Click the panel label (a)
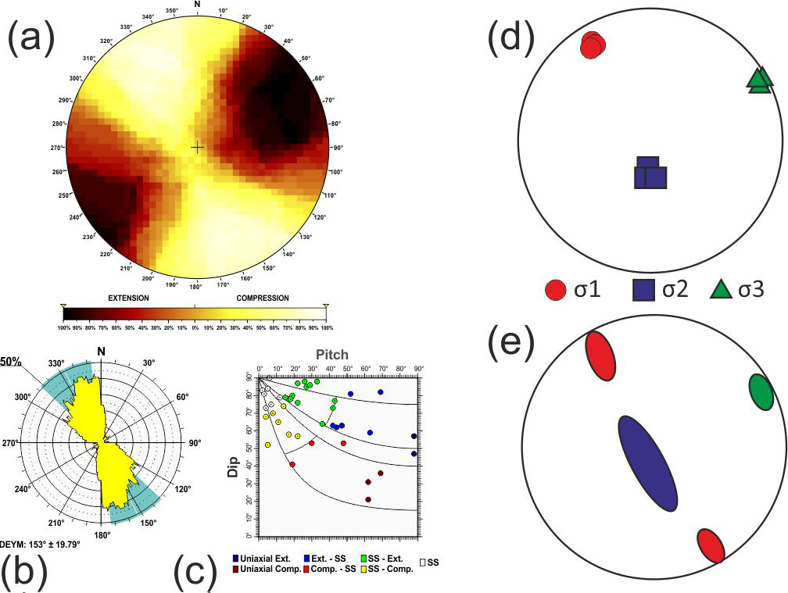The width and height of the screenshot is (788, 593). pos(30,37)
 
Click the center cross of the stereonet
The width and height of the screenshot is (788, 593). pos(197,147)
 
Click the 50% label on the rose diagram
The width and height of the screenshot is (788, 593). pos(10,362)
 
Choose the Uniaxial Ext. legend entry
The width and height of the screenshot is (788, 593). pos(266,558)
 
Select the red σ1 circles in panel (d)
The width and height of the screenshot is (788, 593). pos(593,45)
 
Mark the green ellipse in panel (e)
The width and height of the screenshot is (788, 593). pos(761,391)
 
